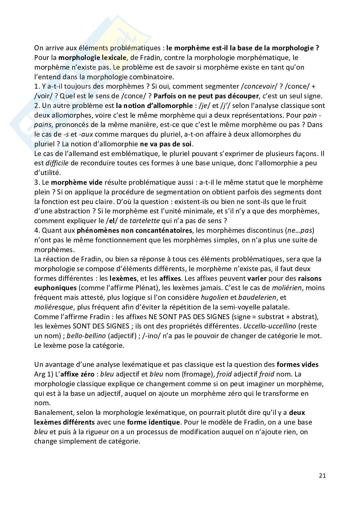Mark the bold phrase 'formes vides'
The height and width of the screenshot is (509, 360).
[x=297, y=365]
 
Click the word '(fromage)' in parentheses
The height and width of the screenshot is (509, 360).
[x=200, y=374]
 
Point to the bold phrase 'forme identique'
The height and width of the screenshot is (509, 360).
[x=154, y=422]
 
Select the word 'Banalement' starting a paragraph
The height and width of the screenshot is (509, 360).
[x=53, y=413]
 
